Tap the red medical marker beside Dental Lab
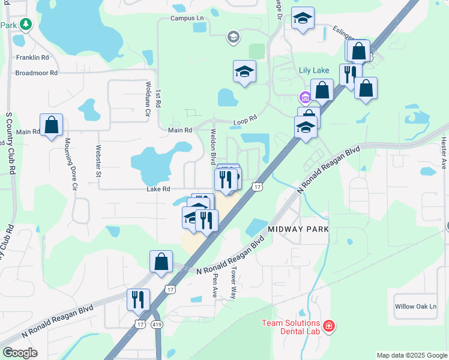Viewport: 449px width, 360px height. click(328, 326)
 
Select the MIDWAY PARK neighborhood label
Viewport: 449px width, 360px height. click(298, 229)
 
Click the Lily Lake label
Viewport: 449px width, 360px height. click(315, 70)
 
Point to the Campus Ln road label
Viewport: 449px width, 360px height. click(187, 18)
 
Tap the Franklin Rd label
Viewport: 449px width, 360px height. click(32, 58)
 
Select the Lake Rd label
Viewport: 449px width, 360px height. click(158, 189)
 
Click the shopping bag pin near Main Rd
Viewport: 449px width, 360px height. click(52, 125)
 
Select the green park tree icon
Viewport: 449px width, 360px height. click(25, 24)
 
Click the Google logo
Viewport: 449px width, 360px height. click(20, 353)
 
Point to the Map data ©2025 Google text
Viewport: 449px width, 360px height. click(412, 355)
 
